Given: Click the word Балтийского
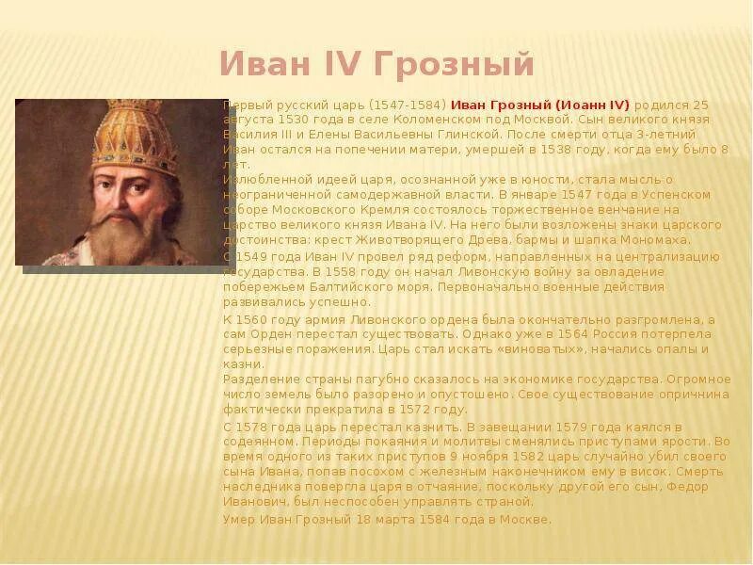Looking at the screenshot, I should [x=364, y=287].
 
